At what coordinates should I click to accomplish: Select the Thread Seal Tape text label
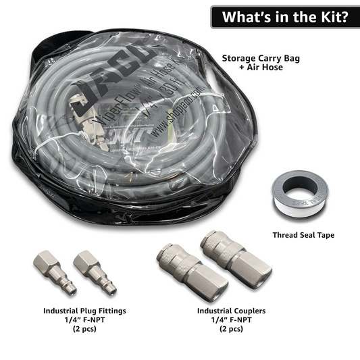[x=303, y=235]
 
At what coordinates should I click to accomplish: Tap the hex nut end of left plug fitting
[x=46, y=260]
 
